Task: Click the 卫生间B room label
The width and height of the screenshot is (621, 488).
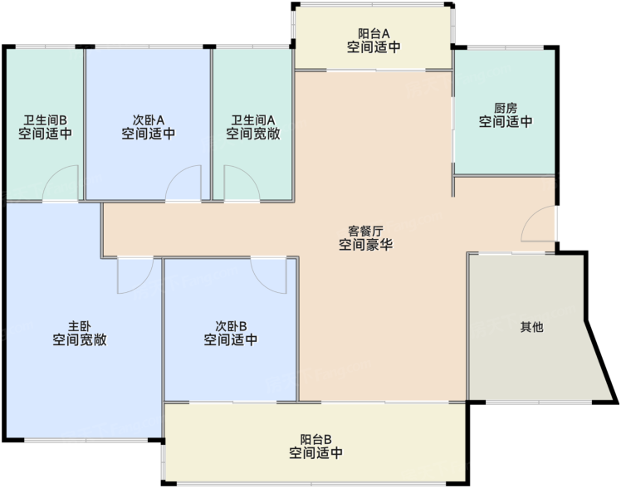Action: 45,120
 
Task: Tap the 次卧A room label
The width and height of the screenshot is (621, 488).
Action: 149,120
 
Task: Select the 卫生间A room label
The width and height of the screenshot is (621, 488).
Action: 253,120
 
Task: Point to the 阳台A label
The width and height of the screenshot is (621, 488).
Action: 374,33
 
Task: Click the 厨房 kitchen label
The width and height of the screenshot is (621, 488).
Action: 506,108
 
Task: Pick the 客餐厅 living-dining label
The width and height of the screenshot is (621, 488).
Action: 365,231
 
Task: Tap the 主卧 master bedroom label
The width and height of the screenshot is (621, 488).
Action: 80,326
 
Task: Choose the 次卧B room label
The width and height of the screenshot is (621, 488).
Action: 231,326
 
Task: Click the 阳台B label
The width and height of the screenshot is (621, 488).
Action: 315,439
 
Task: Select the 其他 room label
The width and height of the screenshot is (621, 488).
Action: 532,327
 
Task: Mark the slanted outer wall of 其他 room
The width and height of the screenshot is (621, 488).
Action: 601,362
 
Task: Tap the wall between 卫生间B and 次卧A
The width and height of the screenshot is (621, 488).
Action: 85,124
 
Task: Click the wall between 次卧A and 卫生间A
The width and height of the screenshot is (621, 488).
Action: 212,124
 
